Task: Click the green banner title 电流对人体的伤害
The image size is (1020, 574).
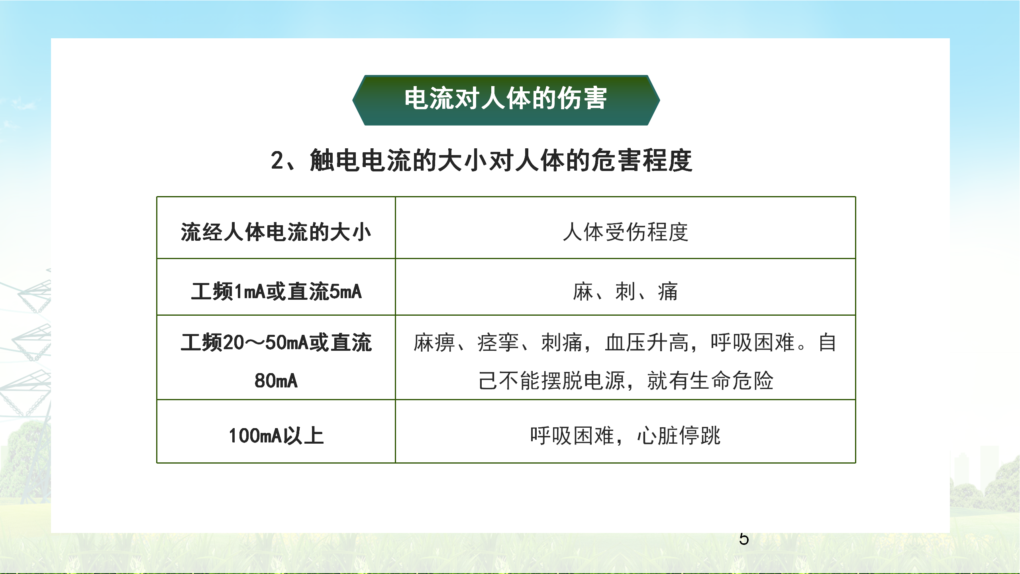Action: [506, 98]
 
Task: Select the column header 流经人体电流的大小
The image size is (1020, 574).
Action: [276, 232]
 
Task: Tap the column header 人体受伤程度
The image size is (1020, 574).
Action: [626, 232]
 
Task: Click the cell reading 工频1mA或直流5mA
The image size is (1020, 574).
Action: [276, 291]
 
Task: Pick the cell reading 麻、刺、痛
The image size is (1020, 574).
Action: [626, 291]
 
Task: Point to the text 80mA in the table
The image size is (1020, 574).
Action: [276, 381]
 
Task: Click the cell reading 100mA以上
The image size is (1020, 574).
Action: [276, 435]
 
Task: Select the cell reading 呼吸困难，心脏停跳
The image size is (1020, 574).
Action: [625, 435]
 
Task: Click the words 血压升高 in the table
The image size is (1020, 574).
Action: [647, 342]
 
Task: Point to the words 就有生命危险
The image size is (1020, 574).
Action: [710, 381]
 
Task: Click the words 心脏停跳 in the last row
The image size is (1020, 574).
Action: [679, 435]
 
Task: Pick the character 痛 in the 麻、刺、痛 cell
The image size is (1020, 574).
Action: [668, 291]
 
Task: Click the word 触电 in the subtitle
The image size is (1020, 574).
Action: [335, 161]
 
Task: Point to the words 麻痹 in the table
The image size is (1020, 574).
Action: [434, 342]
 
